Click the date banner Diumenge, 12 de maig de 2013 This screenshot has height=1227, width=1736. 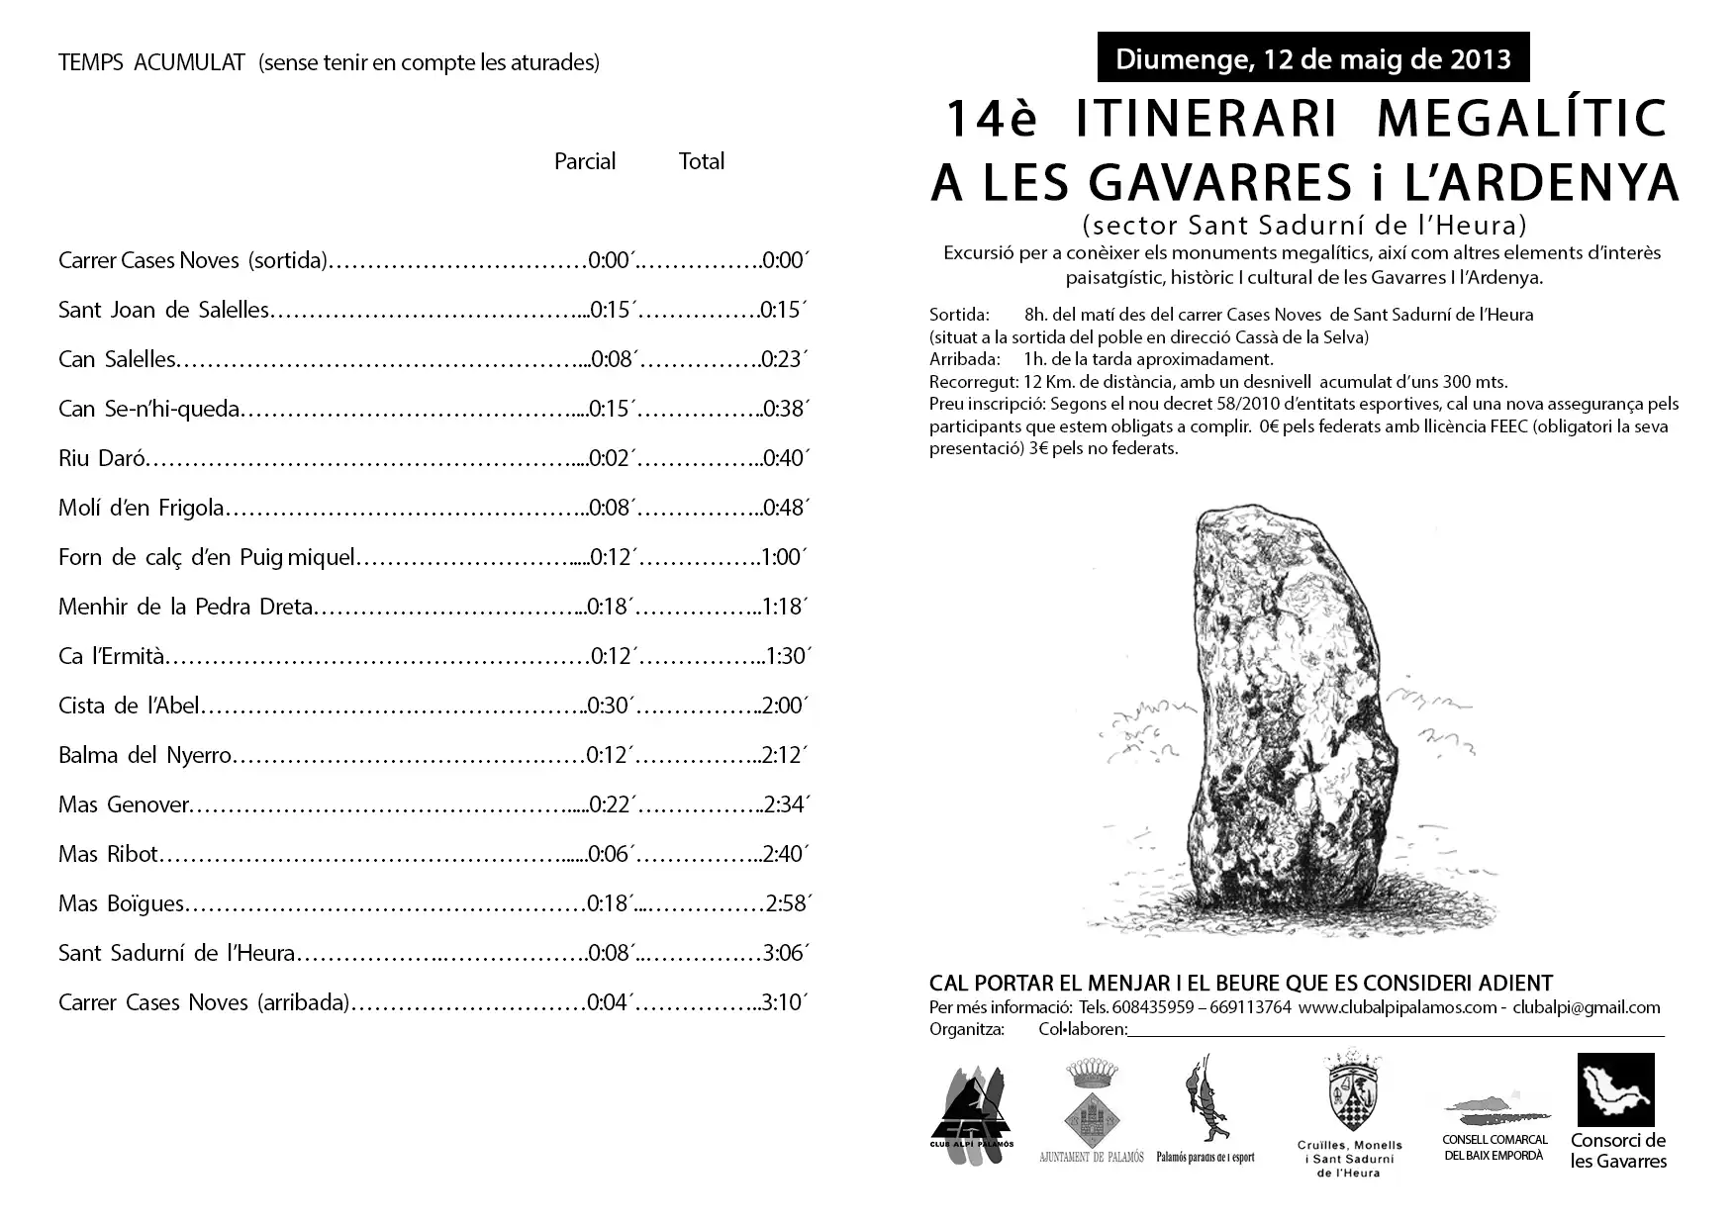click(x=1312, y=58)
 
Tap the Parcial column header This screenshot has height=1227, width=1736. click(x=585, y=161)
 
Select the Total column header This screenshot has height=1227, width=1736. click(x=702, y=161)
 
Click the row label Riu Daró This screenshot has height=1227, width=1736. click(x=102, y=458)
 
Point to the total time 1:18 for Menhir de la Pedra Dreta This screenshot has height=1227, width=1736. click(x=785, y=607)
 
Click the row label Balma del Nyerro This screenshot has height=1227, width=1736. click(x=145, y=755)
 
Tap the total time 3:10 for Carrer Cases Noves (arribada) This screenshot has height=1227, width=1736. click(x=785, y=1002)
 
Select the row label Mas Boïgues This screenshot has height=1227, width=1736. click(x=121, y=903)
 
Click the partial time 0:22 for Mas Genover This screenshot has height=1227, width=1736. click(x=612, y=804)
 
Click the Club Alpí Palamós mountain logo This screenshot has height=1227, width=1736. click(x=972, y=1113)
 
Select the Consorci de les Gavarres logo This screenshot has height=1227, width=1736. click(x=1615, y=1090)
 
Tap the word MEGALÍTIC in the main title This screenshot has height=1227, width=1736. click(x=1522, y=119)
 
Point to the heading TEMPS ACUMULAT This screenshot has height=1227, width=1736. click(x=151, y=62)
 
